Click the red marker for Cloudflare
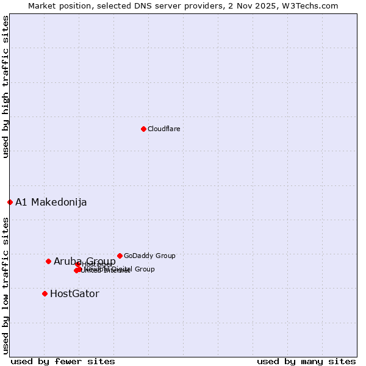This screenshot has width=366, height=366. point(143,129)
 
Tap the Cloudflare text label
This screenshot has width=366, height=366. point(163,129)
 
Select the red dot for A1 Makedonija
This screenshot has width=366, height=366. point(10,202)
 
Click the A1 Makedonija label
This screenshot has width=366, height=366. point(51,203)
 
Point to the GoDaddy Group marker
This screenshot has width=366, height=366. point(120,256)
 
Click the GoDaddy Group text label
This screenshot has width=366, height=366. point(149,256)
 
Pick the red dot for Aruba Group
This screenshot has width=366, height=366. point(48,261)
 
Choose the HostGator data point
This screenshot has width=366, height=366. point(45,293)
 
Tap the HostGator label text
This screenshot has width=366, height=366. point(74,294)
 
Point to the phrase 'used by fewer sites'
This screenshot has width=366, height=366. point(63,361)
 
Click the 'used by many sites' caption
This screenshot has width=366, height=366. point(306,361)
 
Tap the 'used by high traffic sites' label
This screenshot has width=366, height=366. point(5,87)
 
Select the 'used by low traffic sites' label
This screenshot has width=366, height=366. point(5,285)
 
